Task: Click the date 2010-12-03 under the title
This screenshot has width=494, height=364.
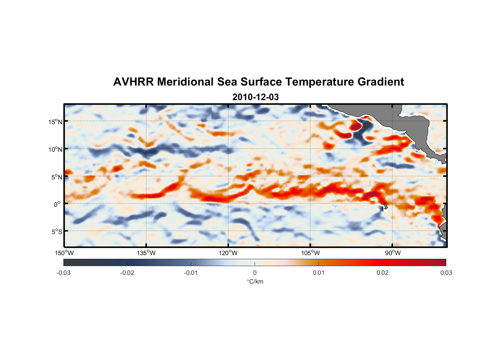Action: click(255, 97)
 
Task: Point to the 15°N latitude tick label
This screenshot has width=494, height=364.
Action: click(55, 122)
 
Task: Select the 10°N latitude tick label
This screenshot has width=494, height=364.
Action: click(55, 149)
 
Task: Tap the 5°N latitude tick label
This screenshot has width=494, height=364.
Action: click(56, 177)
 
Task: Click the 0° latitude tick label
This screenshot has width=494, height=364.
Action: click(57, 204)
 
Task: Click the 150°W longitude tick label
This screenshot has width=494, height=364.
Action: click(64, 253)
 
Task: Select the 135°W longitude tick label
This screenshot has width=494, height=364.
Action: click(146, 253)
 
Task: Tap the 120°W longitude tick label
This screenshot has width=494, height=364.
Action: click(228, 253)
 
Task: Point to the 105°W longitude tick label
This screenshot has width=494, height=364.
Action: click(310, 253)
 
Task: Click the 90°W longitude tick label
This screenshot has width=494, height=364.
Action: click(393, 253)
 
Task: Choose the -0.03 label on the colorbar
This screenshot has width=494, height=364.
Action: click(63, 273)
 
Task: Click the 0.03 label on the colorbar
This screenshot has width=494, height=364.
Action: click(446, 273)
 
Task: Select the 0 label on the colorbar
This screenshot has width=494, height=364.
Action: click(255, 273)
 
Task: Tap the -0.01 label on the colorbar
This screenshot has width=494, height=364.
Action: click(191, 273)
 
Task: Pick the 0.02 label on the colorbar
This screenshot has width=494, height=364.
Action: click(382, 273)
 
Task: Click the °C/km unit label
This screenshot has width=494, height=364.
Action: click(255, 281)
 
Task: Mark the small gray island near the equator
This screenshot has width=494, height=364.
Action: click(385, 206)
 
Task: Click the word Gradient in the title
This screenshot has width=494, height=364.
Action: click(381, 82)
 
